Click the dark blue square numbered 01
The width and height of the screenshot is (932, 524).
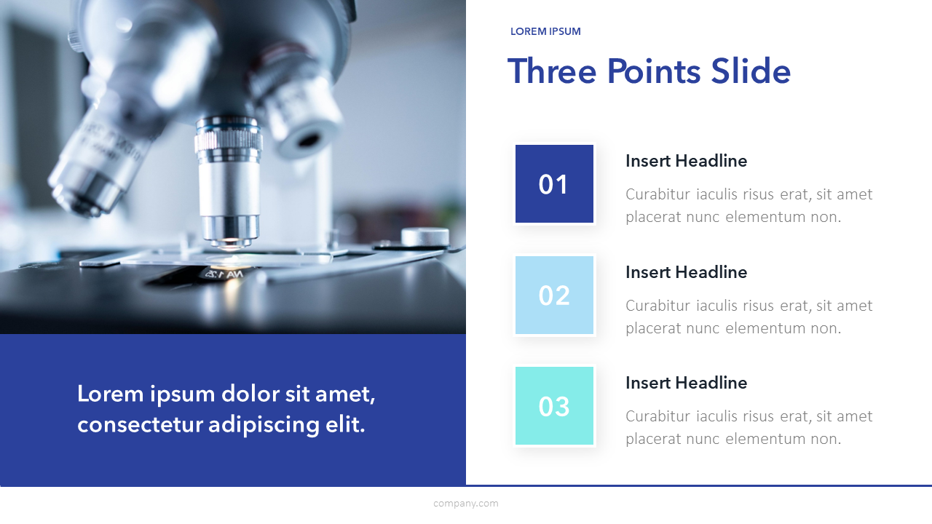pos(554,184)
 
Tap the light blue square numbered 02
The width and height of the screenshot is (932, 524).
pos(554,295)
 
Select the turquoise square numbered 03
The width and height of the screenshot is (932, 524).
pos(554,405)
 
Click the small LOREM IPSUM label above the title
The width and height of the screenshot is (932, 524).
pos(545,31)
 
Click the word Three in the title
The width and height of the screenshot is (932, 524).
pos(552,71)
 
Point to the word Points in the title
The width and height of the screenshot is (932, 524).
pos(654,71)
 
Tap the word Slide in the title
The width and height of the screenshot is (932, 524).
pos(751,71)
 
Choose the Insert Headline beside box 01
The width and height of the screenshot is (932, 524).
pos(686,161)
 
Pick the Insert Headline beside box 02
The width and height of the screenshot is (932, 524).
pos(686,272)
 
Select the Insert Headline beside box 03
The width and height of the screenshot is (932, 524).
pos(686,383)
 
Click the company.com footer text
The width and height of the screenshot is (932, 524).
pos(465,504)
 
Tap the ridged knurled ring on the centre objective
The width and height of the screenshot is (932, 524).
pos(229,141)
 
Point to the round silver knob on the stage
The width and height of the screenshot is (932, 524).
pos(425,237)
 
